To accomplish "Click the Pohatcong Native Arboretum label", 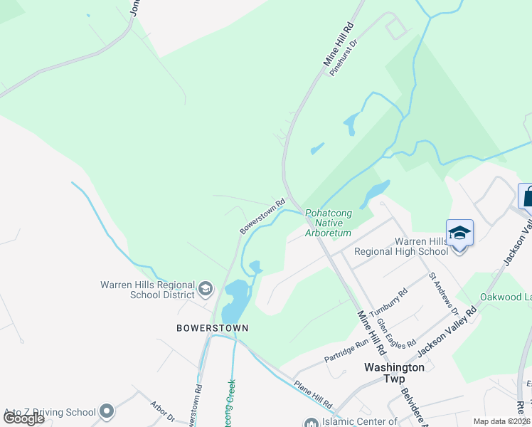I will point(328,223).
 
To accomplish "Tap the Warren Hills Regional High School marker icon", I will point(459,233).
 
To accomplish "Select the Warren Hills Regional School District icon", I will point(206,288).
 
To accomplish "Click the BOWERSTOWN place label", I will point(213,328).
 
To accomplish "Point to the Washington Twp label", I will point(394,373).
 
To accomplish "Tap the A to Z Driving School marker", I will point(107,411).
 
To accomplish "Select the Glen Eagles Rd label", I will point(396,333).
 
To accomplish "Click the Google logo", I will point(23,418).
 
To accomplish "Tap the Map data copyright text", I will point(502,421).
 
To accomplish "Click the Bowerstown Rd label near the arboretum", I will point(262,216).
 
